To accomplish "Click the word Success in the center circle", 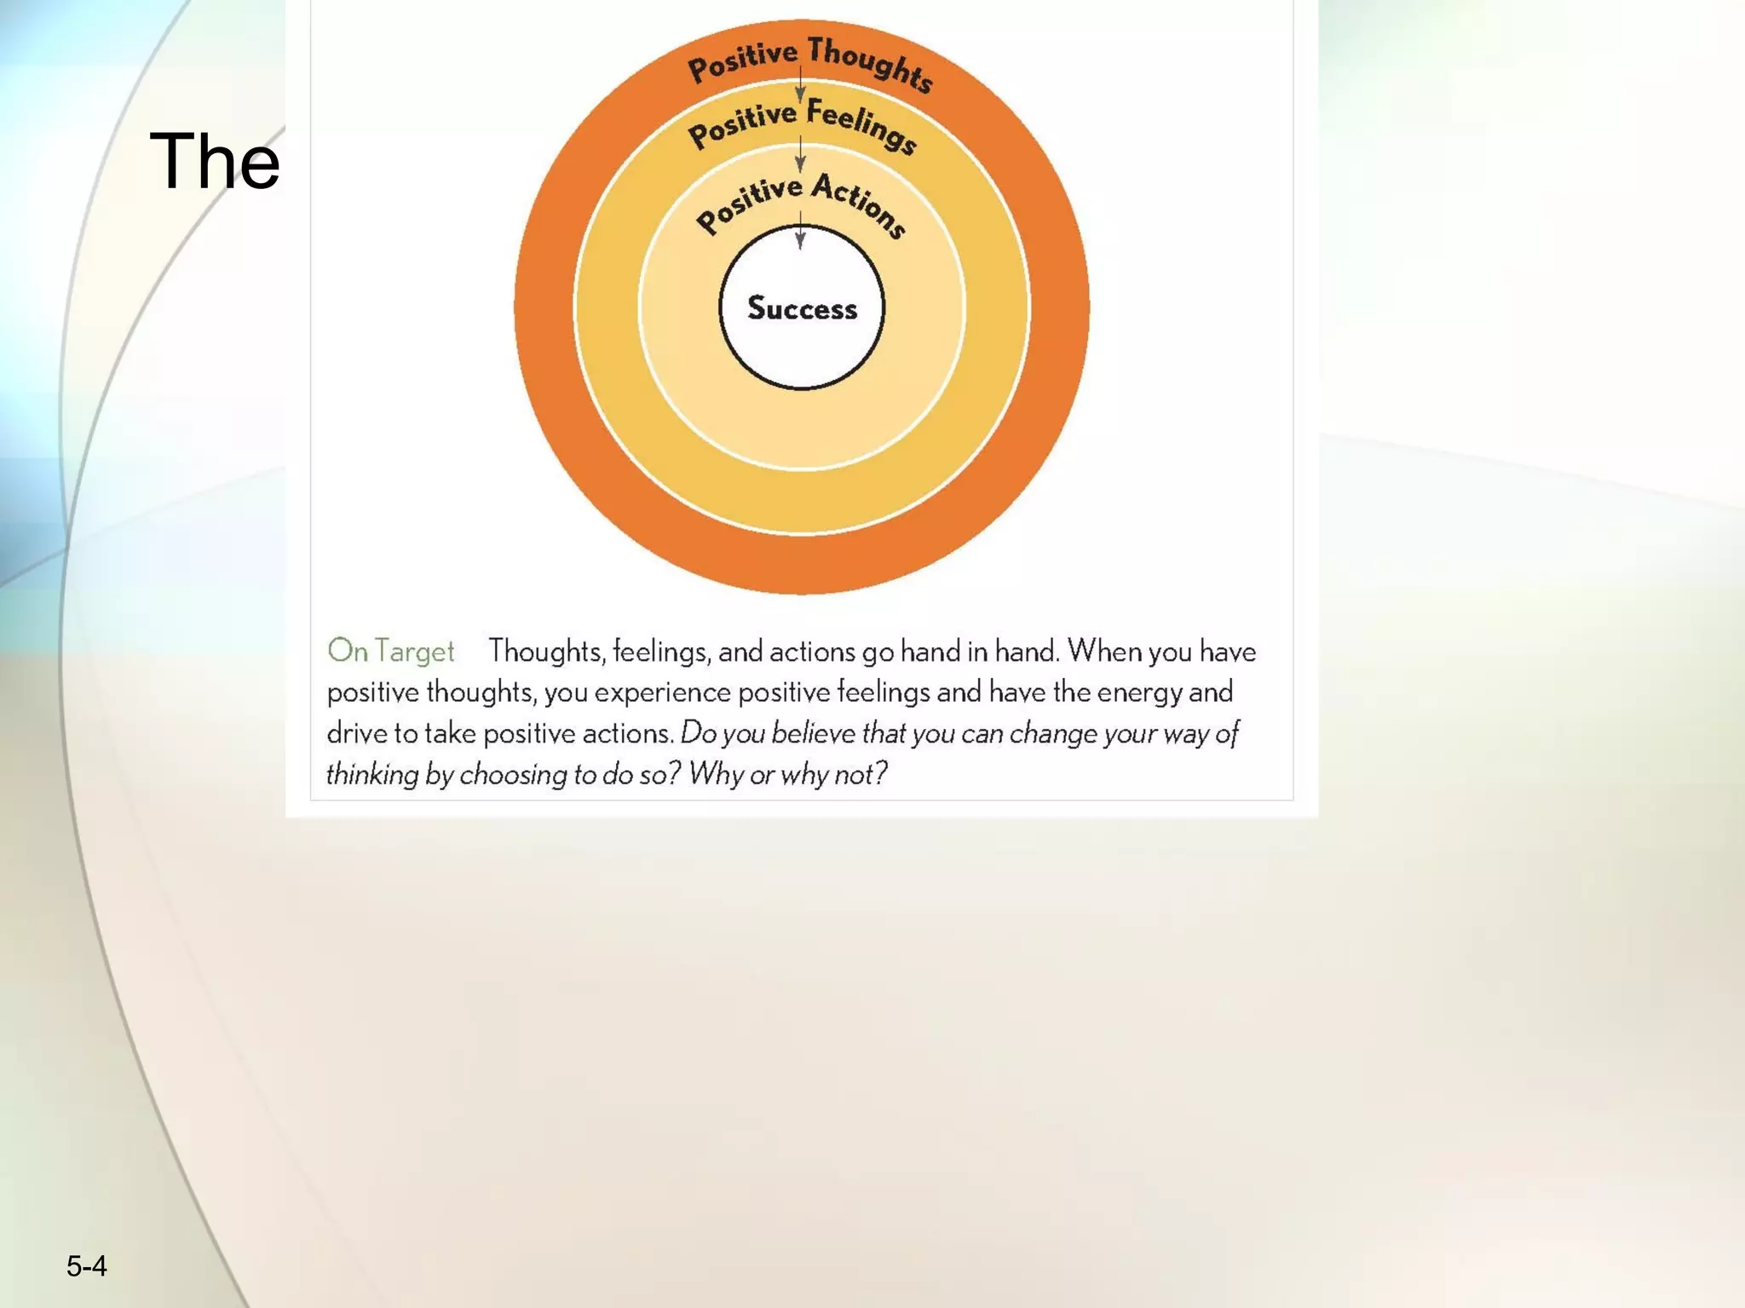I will click(802, 308).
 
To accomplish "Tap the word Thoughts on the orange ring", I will click(871, 64).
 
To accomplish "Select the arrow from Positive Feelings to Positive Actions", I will click(800, 154).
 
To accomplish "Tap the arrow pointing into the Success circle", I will click(800, 230).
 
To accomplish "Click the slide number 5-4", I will click(87, 1266).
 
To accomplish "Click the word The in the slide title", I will click(214, 161).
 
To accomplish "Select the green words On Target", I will click(391, 651).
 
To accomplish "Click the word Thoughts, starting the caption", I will click(546, 651).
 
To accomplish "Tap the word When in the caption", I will click(1104, 651).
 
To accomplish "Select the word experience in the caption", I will click(662, 692).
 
